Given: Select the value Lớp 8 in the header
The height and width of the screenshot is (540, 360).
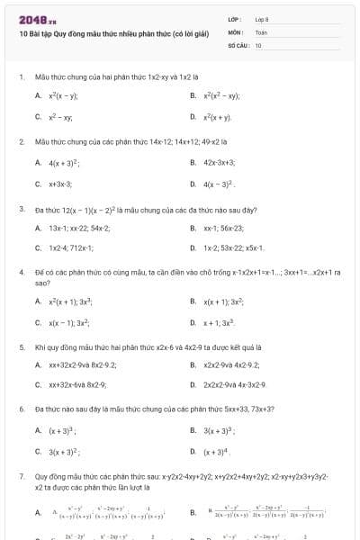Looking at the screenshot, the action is pyautogui.click(x=261, y=18).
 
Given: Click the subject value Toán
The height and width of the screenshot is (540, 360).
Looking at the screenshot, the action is pyautogui.click(x=261, y=31).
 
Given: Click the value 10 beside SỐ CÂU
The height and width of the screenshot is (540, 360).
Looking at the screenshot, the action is pyautogui.click(x=258, y=43).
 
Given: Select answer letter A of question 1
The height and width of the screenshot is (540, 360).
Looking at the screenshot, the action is pyautogui.click(x=38, y=94).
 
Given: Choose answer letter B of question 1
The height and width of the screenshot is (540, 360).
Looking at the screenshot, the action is pyautogui.click(x=193, y=94).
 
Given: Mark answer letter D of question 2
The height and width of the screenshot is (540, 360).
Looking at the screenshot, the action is pyautogui.click(x=193, y=184).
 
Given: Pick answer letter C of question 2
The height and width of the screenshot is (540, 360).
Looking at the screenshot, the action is pyautogui.click(x=38, y=184).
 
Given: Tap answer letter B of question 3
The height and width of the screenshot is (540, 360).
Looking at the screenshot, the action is pyautogui.click(x=193, y=228).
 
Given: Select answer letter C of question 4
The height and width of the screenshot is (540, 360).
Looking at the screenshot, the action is pyautogui.click(x=38, y=321).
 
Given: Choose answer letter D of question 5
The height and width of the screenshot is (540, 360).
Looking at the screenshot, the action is pyautogui.click(x=193, y=384).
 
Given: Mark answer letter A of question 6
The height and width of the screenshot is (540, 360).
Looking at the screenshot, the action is pyautogui.click(x=38, y=430).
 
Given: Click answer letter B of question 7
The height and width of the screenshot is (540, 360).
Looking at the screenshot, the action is pyautogui.click(x=193, y=512).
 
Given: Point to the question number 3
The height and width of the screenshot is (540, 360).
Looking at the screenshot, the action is pyautogui.click(x=21, y=209).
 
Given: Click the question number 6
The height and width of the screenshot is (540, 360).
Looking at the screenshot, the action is pyautogui.click(x=21, y=409).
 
